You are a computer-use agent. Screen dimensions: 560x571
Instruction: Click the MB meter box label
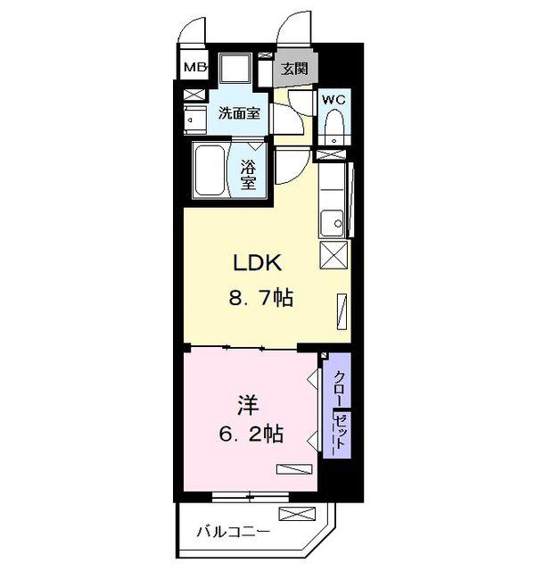click(x=195, y=68)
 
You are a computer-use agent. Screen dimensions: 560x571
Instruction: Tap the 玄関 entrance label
click(x=295, y=69)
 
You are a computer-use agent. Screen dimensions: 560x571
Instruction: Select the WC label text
click(x=334, y=100)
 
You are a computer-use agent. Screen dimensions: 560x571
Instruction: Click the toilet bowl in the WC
click(x=334, y=126)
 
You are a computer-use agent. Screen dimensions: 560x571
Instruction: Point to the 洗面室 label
click(x=240, y=113)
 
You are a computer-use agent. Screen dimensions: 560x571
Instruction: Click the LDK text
click(x=258, y=263)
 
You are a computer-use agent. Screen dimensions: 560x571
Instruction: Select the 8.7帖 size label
click(x=261, y=298)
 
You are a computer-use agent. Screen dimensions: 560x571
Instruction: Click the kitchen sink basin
click(x=332, y=223)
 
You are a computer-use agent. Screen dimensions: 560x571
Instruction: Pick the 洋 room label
click(x=248, y=407)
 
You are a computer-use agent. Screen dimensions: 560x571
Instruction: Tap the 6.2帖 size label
click(x=251, y=434)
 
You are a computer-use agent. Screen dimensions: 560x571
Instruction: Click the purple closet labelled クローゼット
click(x=337, y=405)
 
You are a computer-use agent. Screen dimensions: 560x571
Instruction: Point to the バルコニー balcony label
click(x=234, y=533)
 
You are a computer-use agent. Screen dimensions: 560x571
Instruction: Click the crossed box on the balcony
click(x=297, y=514)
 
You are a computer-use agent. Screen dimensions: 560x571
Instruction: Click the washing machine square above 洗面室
click(x=235, y=68)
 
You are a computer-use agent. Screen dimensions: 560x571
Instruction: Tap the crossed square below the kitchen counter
click(x=334, y=255)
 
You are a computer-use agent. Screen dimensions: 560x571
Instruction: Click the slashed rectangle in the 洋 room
click(x=294, y=469)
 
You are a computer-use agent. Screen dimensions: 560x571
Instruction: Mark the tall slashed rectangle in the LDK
click(x=342, y=311)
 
